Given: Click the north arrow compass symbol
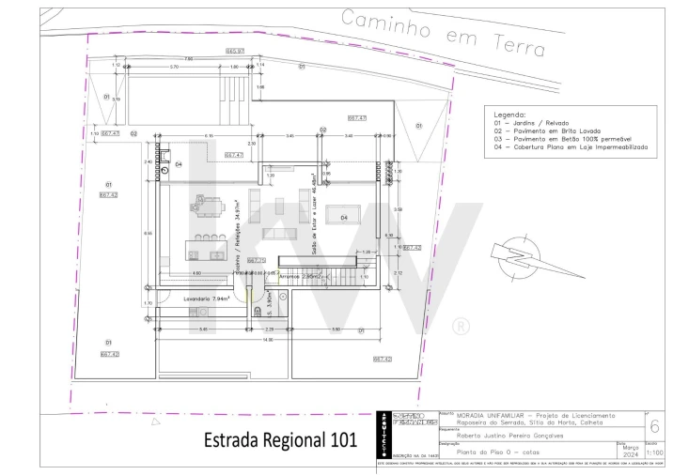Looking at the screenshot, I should click(514, 259).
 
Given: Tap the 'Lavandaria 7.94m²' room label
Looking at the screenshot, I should click(207, 299).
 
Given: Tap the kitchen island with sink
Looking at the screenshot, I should click(205, 252).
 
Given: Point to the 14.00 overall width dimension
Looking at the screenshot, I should click(268, 340).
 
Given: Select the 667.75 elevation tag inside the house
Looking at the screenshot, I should click(256, 261).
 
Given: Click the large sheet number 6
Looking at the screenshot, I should click(655, 425).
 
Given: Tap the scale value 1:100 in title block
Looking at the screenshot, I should click(655, 452).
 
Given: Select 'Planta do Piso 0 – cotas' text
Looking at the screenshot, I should click(492, 452).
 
